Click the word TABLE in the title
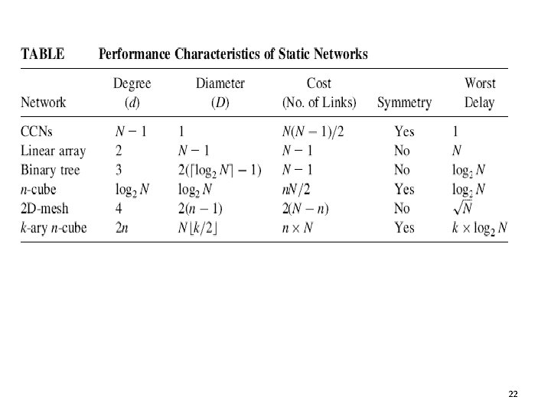[x=42, y=54]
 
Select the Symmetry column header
[x=404, y=102]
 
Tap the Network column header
[x=44, y=102]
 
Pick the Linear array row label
[x=54, y=151]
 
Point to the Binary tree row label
[x=51, y=170]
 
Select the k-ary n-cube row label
[x=54, y=227]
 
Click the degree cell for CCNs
[x=132, y=132]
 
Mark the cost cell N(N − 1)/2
[x=313, y=132]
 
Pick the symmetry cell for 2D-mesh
[x=402, y=208]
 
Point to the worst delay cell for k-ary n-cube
[x=481, y=228]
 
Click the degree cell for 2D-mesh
[x=118, y=208]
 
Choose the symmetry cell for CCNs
[x=404, y=132]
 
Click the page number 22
[x=513, y=393]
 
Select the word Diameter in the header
[x=220, y=83]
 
